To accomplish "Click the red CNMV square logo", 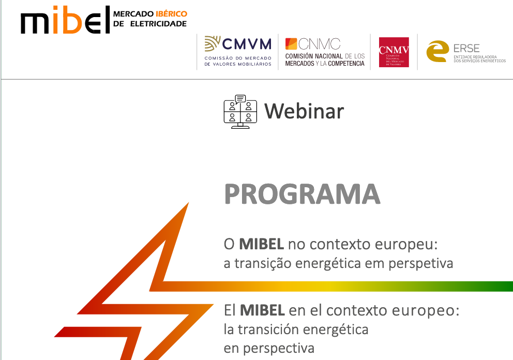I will [x=394, y=52].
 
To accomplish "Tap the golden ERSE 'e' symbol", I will [x=437, y=51].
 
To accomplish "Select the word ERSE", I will [x=466, y=48].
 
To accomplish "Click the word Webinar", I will [x=304, y=111].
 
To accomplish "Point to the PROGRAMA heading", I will [x=302, y=194].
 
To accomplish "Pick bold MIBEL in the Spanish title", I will [x=262, y=311].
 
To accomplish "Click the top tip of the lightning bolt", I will [x=187, y=204].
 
